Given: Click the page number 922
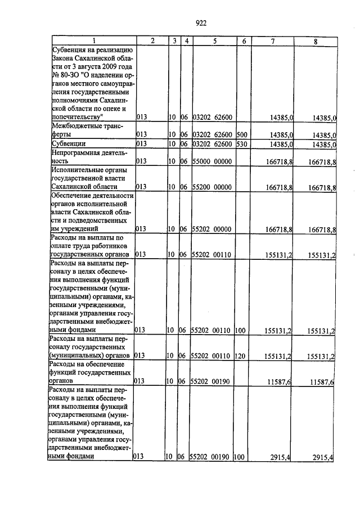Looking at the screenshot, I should [201, 23].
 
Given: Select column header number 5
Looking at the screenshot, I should [215, 41].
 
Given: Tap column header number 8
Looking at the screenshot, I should [315, 41].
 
